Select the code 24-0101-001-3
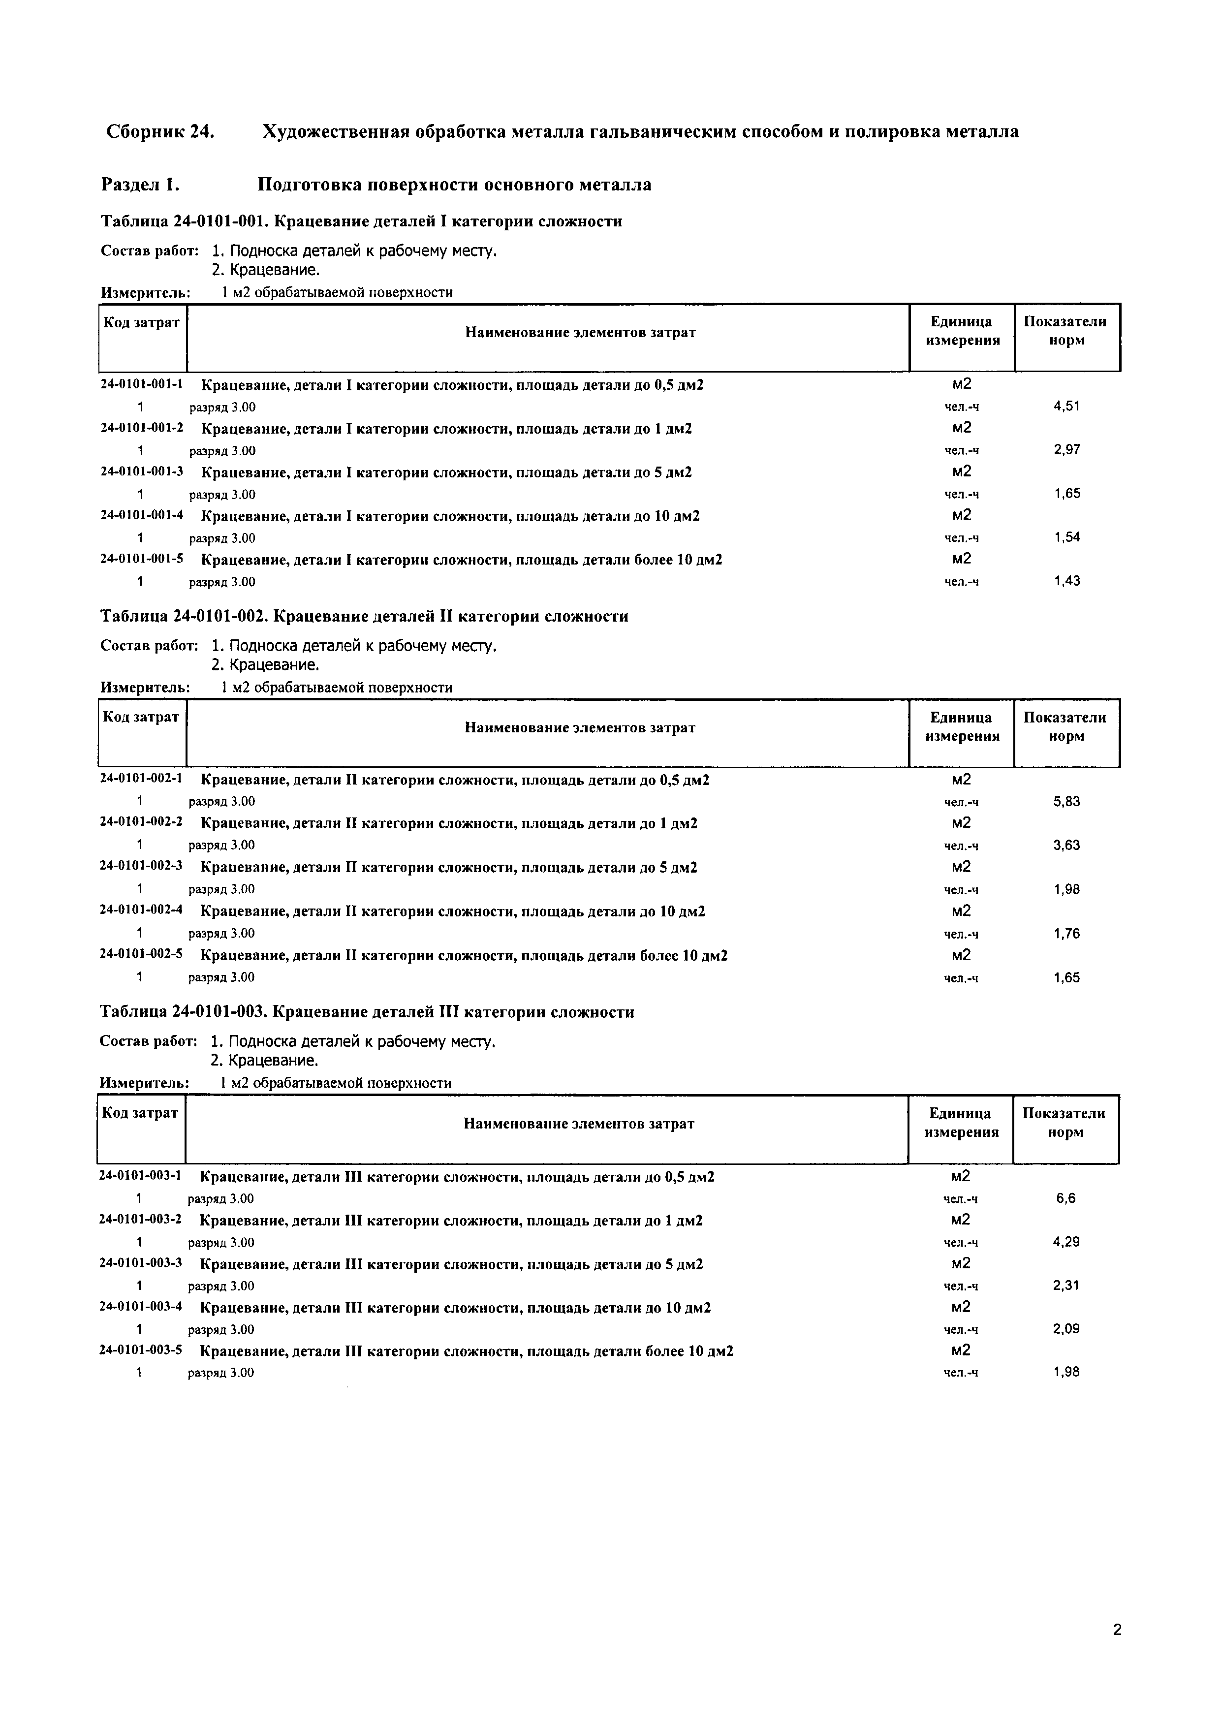click(142, 472)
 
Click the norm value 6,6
click(1065, 1198)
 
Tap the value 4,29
click(1065, 1242)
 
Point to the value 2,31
click(1065, 1286)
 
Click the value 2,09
click(1065, 1328)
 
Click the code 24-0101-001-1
click(142, 384)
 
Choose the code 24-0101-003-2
click(141, 1220)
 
